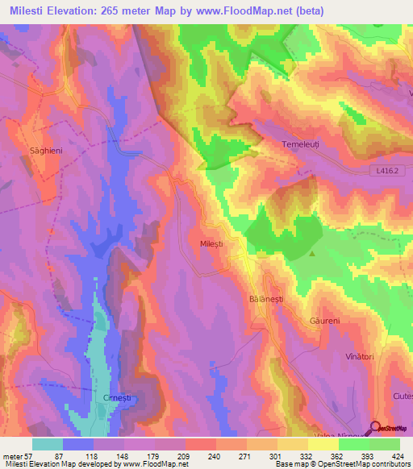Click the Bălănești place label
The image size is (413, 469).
(x=265, y=298)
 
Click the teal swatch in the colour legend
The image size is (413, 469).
(x=48, y=444)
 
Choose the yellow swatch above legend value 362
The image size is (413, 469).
(x=323, y=444)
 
